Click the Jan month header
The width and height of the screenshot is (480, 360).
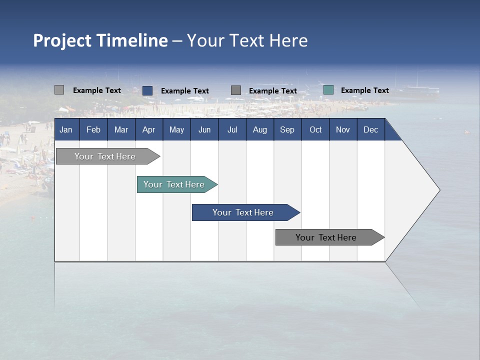coord(66,129)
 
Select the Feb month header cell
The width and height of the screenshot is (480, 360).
coord(93,129)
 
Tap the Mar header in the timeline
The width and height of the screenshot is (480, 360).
coord(121,129)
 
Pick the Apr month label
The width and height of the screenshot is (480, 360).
coord(148,129)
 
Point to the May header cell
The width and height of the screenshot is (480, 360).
coord(176,129)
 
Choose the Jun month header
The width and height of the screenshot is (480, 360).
coord(204,129)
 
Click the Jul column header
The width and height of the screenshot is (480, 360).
coord(232,129)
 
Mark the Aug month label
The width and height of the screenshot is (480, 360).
coord(260,129)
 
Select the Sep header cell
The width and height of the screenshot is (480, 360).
coord(287,129)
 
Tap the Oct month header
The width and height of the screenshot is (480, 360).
coord(315,129)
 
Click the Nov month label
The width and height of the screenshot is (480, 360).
coord(343,129)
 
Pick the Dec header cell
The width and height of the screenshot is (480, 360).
coord(371,129)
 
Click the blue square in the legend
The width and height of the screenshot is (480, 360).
coord(147,90)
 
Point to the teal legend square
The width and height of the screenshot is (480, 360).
coord(328,90)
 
